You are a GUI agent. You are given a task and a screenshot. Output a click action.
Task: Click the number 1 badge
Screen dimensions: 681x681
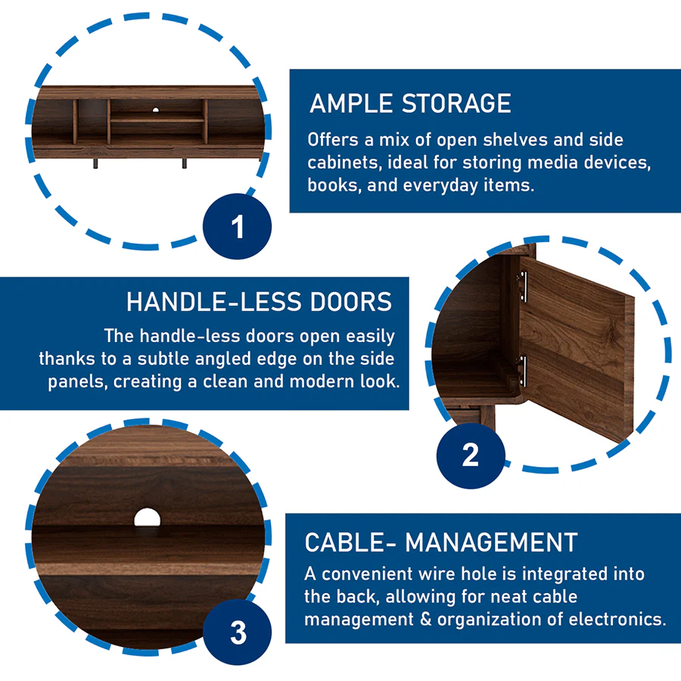pos(237,226)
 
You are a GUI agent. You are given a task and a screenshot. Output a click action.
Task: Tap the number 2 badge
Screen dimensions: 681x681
pos(471,456)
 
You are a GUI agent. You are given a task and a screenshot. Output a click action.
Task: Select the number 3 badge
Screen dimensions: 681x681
pos(237,632)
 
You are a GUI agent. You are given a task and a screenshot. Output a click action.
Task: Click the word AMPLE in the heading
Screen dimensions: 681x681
pos(350,104)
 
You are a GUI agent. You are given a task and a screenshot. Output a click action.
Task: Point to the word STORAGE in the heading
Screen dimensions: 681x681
pos(456,104)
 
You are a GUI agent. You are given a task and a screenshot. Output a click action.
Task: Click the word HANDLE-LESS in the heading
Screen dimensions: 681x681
pos(213,302)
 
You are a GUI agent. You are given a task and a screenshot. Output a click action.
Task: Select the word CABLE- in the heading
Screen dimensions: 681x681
pos(350,543)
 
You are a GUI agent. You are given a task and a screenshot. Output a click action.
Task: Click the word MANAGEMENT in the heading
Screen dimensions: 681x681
pos(491,543)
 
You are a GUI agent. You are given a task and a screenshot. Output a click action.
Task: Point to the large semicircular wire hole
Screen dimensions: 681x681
pos(148,518)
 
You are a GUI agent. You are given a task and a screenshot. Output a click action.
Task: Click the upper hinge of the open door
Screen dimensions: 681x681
pos(522,286)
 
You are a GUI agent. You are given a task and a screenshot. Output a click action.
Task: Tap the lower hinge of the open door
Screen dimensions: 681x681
pos(522,371)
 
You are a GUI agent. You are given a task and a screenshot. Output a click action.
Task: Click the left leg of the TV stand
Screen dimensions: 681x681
pos(95,163)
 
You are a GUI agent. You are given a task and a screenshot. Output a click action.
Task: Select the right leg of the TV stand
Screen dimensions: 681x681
pos(184,163)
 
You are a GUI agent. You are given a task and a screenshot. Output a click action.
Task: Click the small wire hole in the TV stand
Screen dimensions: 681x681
pos(155,110)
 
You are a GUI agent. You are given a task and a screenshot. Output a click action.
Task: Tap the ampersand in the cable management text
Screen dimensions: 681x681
pos(425,619)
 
